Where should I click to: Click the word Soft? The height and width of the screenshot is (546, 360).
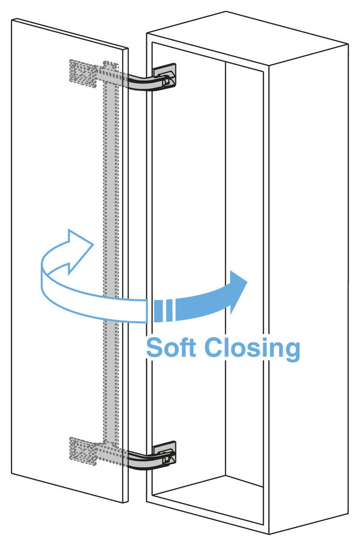tap(170, 347)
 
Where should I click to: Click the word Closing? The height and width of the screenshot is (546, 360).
tap(252, 349)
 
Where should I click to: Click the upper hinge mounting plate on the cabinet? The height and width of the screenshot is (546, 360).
tap(164, 74)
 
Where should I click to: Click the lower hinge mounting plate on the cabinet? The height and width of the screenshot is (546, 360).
tap(164, 453)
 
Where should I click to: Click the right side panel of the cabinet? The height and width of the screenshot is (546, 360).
tap(309, 286)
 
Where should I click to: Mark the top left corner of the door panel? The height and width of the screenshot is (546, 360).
tap(12, 20)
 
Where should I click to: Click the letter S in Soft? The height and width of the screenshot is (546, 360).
tap(155, 347)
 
